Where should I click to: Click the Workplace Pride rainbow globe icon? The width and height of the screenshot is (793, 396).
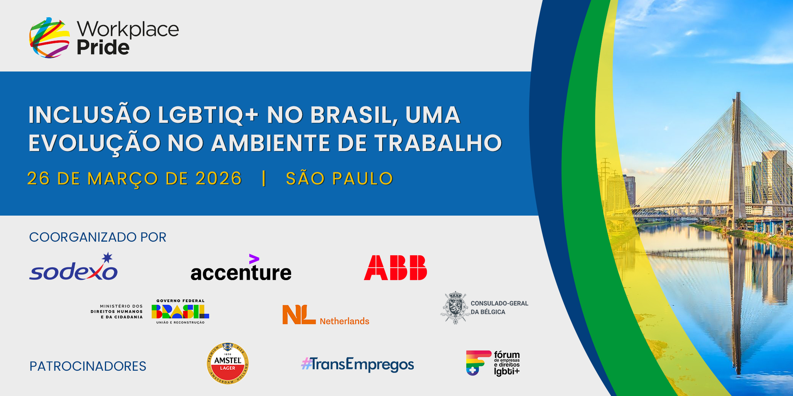pyautogui.click(x=50, y=37)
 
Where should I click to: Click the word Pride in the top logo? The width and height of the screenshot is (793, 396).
pyautogui.click(x=103, y=47)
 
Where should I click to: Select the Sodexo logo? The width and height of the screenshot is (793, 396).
pyautogui.click(x=73, y=267)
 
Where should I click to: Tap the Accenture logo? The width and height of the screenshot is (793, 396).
pyautogui.click(x=241, y=268)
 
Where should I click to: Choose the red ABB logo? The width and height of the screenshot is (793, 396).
pyautogui.click(x=395, y=268)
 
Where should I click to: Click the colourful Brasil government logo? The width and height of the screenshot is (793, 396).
pyautogui.click(x=180, y=312)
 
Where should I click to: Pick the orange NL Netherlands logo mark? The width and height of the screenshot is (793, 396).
pyautogui.click(x=299, y=315)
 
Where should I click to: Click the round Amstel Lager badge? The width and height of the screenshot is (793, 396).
pyautogui.click(x=228, y=364)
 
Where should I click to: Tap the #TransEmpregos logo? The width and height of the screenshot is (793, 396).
pyautogui.click(x=358, y=364)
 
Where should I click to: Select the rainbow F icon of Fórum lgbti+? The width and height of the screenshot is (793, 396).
pyautogui.click(x=478, y=363)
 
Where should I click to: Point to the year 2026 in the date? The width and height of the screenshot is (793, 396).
pyautogui.click(x=218, y=179)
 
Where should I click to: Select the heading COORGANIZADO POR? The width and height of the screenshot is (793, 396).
pyautogui.click(x=98, y=237)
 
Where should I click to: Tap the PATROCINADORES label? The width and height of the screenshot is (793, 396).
pyautogui.click(x=88, y=366)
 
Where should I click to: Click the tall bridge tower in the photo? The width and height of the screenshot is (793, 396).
pyautogui.click(x=737, y=158)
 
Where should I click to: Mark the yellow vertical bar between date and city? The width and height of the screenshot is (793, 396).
pyautogui.click(x=264, y=179)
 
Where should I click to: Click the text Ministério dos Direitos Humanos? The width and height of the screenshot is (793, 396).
pyautogui.click(x=117, y=312)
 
